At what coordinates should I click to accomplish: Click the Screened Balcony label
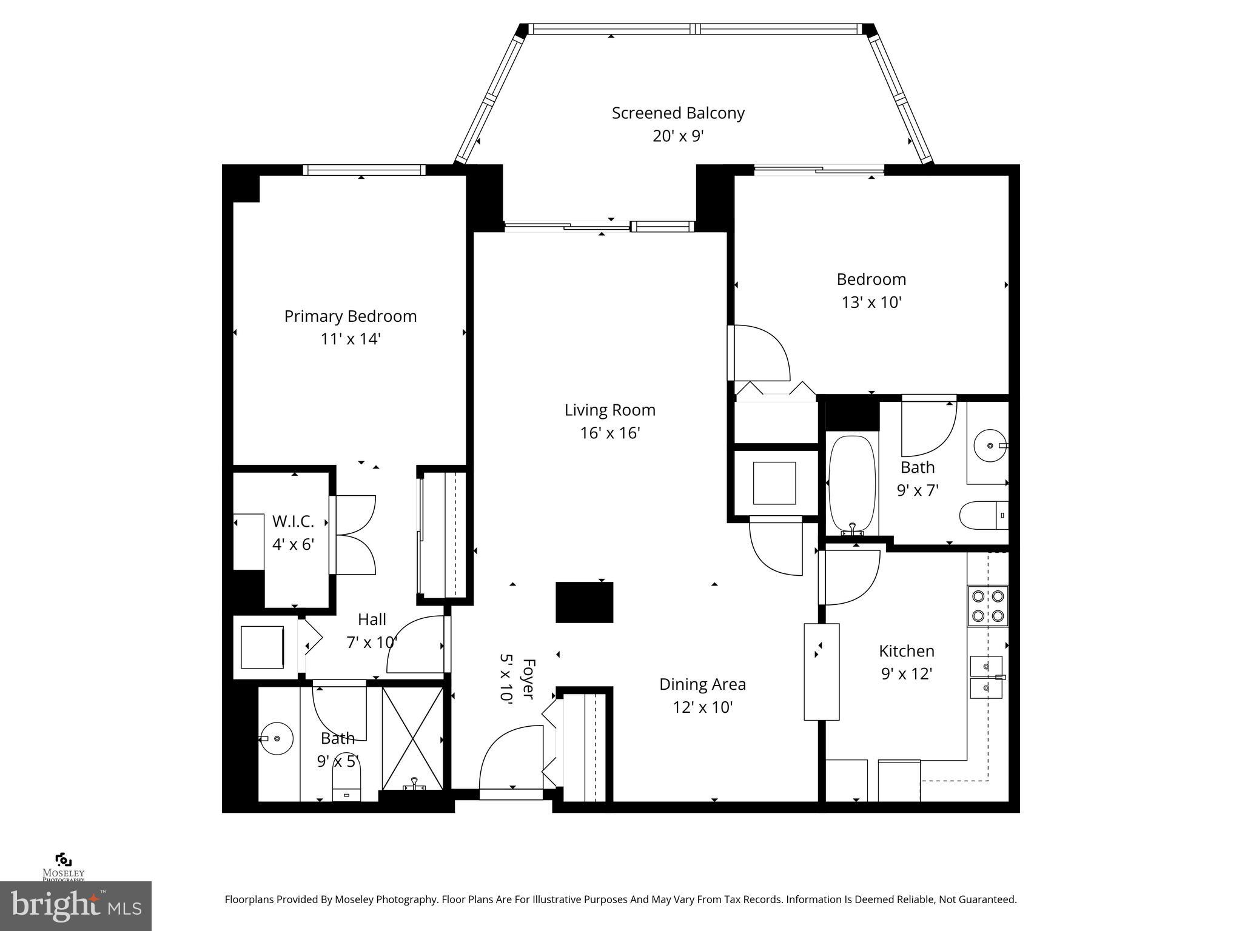(x=677, y=113)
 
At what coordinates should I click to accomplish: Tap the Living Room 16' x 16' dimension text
(x=609, y=433)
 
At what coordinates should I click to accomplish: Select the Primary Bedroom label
(x=350, y=316)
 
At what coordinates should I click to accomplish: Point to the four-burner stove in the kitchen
(x=987, y=606)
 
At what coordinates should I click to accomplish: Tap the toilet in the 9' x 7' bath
(x=982, y=515)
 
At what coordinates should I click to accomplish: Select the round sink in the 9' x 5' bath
(x=277, y=738)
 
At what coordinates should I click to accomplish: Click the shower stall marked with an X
(x=412, y=738)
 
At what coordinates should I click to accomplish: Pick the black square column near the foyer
(x=585, y=602)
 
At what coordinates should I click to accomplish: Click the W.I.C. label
(x=293, y=521)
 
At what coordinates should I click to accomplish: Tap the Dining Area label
(x=702, y=684)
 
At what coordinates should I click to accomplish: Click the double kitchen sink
(x=985, y=677)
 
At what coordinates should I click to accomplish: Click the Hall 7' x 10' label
(x=372, y=630)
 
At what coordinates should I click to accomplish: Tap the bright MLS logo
(x=76, y=906)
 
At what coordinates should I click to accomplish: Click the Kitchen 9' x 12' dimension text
(x=906, y=674)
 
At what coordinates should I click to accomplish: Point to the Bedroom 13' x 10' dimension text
(x=871, y=302)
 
